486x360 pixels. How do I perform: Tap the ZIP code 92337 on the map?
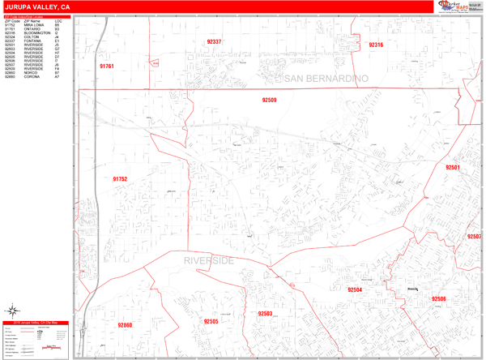click(214, 41)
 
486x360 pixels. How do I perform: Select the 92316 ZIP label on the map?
click(376, 45)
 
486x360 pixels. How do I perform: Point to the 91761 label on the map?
click(107, 66)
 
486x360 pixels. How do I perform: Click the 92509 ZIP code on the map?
click(269, 100)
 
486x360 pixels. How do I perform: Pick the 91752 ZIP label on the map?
click(120, 179)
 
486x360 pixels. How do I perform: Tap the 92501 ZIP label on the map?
click(452, 167)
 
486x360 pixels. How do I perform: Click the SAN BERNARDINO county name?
click(326, 78)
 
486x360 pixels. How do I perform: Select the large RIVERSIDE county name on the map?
click(208, 260)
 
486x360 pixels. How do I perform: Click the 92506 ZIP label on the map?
click(438, 298)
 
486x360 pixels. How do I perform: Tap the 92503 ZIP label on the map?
click(265, 313)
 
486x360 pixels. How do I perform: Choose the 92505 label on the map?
click(211, 321)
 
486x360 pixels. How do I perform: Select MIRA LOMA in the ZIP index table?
click(32, 25)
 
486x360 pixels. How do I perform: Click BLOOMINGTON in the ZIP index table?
click(36, 33)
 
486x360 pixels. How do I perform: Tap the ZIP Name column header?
click(32, 21)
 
